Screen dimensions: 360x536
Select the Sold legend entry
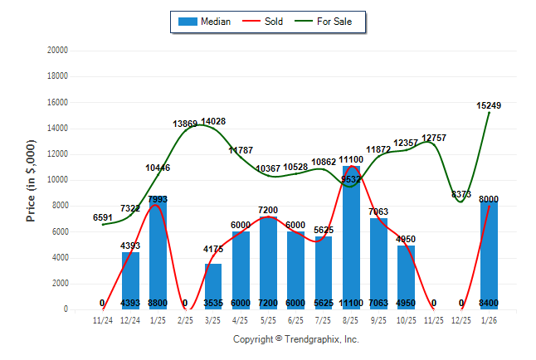point(264,22)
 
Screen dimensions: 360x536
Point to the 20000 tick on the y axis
point(56,51)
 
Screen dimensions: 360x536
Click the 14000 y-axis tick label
point(56,129)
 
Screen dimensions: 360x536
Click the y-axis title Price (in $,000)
point(31,180)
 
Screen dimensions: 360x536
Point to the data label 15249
point(489,105)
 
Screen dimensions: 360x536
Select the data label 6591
point(103,217)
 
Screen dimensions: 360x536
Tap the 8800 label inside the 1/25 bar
point(158,303)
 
